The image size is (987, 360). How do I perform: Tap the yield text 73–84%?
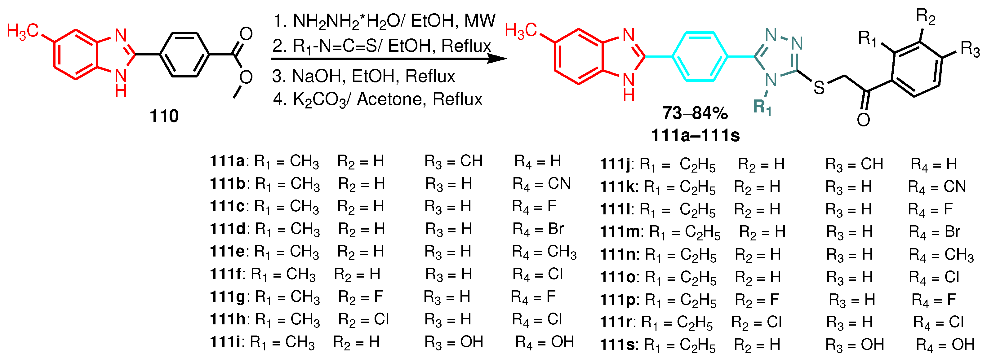695,113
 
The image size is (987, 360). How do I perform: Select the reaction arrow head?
498,59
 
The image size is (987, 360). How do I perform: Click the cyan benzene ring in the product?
700,57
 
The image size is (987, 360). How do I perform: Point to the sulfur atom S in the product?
819,88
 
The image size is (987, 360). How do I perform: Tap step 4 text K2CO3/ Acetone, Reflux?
378,99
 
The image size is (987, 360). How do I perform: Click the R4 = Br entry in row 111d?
538,229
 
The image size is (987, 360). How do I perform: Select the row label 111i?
227,342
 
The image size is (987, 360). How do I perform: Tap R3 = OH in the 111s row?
854,345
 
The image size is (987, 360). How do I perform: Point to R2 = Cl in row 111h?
363,320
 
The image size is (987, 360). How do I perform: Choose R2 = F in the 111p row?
757,300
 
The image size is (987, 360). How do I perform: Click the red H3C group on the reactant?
23,31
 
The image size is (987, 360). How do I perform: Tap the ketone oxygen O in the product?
863,120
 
